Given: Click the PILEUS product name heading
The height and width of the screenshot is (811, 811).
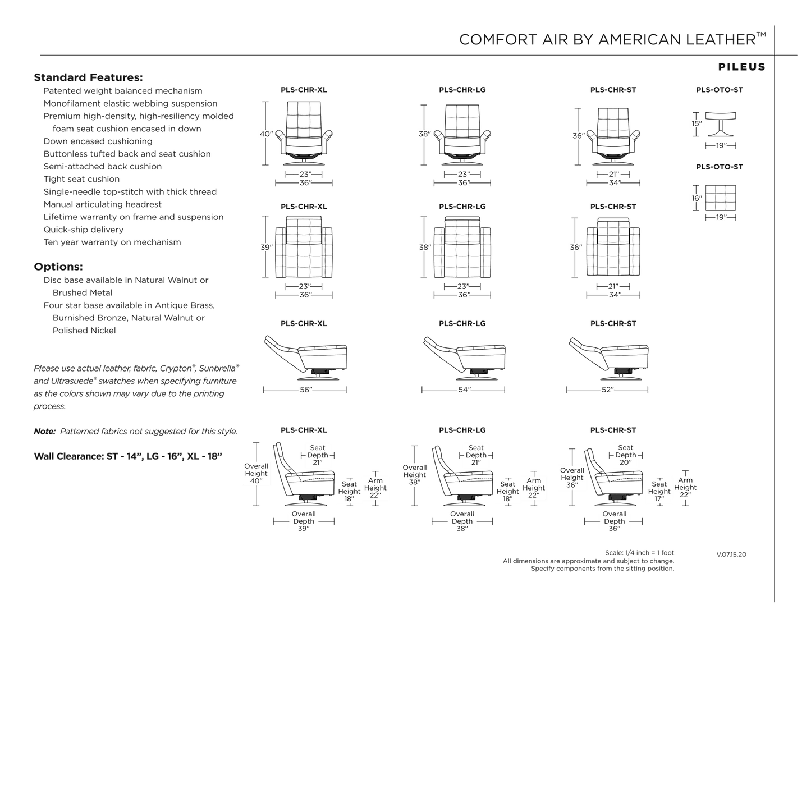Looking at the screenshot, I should tap(741, 67).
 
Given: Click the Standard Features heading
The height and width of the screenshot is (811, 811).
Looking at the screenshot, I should tap(88, 77).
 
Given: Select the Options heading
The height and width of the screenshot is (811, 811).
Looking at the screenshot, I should tap(58, 267).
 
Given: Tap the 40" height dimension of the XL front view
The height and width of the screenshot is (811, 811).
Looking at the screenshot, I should tap(265, 134).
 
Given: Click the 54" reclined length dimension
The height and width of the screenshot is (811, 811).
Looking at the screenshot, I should tap(464, 390).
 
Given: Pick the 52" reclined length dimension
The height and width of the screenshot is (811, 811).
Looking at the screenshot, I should tap(608, 390).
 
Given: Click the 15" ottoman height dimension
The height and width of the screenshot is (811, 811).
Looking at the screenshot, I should tap(697, 123).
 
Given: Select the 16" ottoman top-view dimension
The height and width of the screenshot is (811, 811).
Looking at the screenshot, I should tap(697, 198).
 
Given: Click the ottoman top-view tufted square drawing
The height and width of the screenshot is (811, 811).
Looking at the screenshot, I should tap(721, 198).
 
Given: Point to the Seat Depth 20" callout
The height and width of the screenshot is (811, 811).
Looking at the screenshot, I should tap(625, 455).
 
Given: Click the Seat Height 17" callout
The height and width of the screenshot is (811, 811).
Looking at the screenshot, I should tap(659, 491).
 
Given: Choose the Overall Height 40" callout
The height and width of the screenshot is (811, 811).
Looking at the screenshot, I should tap(256, 473).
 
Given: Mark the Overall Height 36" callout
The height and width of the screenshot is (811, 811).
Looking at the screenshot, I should tap(572, 478).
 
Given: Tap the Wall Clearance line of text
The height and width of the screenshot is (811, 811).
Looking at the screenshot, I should tap(129, 456).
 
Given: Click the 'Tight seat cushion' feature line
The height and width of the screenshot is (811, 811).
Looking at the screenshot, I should tap(81, 180).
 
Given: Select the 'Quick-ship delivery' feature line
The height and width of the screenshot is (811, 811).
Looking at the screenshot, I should tap(84, 230).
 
